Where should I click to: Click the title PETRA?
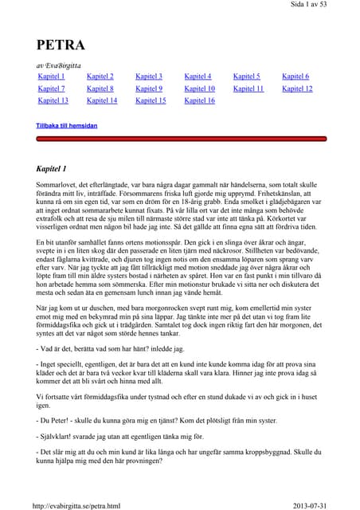(x=61, y=45)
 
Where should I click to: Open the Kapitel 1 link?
(x=52, y=76)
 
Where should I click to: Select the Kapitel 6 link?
(x=295, y=76)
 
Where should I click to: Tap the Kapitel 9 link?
(x=149, y=88)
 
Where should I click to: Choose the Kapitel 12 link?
(x=297, y=88)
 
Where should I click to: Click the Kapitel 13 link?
(x=53, y=100)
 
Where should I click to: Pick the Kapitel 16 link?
(x=199, y=100)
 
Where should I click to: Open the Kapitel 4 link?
(x=198, y=76)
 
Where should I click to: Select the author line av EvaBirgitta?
(x=64, y=64)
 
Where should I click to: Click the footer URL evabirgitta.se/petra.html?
(x=76, y=504)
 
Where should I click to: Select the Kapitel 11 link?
(x=248, y=88)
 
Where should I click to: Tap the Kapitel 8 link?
(x=100, y=88)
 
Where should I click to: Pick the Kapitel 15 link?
(x=151, y=100)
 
